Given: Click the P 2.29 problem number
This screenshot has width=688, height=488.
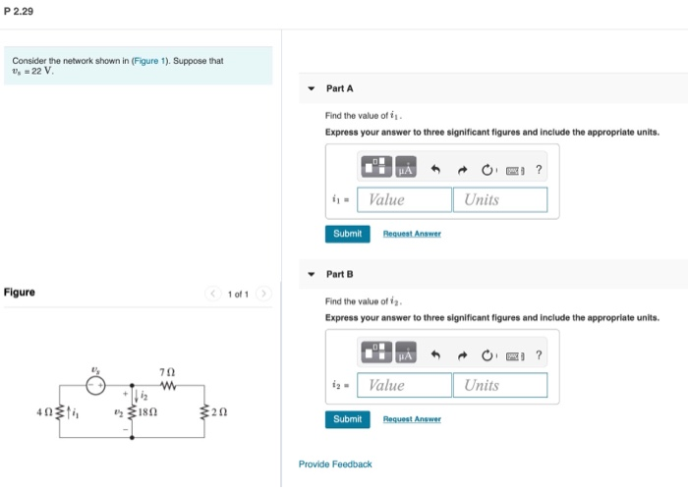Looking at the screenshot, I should [18, 11].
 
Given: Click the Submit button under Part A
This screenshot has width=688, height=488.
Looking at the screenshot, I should [347, 234].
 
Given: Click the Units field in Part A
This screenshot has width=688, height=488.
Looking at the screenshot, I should [499, 199].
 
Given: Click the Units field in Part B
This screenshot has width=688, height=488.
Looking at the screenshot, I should [499, 385].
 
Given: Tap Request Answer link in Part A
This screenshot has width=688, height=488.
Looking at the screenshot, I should [412, 234].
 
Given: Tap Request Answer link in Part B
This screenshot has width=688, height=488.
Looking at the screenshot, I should [412, 419].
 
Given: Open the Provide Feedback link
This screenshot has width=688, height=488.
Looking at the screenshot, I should [335, 463].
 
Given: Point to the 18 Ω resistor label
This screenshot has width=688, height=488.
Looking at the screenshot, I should [149, 412].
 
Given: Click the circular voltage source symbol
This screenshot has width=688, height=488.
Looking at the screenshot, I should [95, 385].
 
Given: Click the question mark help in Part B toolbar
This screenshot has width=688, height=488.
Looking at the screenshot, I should [539, 355].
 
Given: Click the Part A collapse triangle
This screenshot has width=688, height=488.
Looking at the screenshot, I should [311, 88].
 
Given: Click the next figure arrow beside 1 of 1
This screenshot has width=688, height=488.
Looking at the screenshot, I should [262, 294].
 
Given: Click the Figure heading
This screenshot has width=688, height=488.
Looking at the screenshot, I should [20, 293].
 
